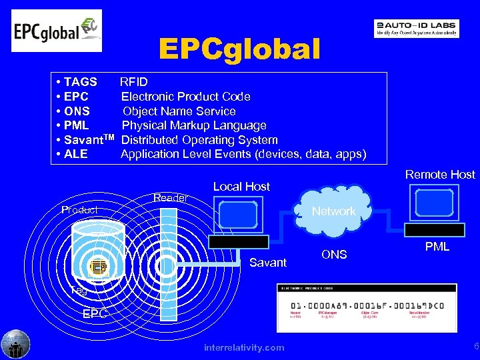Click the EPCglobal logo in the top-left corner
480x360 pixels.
pyautogui.click(x=57, y=31)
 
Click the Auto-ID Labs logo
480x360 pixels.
pyautogui.click(x=416, y=28)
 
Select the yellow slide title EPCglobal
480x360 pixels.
pyautogui.click(x=239, y=49)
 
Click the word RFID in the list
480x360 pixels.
pyautogui.click(x=134, y=82)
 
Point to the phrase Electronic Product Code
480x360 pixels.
pyautogui.click(x=185, y=97)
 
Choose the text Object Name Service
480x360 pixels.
pyautogui.click(x=179, y=111)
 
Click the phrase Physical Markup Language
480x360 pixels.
pyautogui.click(x=193, y=125)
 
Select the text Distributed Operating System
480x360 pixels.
pyautogui.click(x=199, y=140)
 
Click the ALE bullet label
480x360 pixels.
pyautogui.click(x=76, y=154)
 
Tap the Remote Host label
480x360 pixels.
pyautogui.click(x=439, y=175)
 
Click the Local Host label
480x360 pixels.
pyautogui.click(x=241, y=187)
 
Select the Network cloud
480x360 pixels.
pyautogui.click(x=333, y=211)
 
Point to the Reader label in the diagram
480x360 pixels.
pyautogui.click(x=171, y=198)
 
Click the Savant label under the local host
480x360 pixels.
pyautogui.click(x=267, y=263)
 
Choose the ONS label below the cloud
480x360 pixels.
pyautogui.click(x=334, y=254)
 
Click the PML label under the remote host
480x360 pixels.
pyautogui.click(x=437, y=247)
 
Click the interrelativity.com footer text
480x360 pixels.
pyautogui.click(x=244, y=347)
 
